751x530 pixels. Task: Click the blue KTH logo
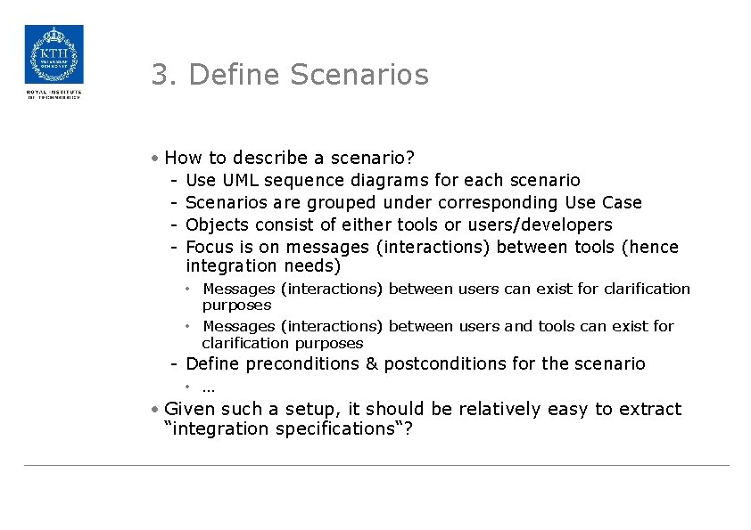pos(54,54)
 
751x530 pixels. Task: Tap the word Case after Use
pos(622,203)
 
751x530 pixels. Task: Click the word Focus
pos(209,247)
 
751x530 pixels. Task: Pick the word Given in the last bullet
pos(190,409)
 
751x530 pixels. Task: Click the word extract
pos(650,409)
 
